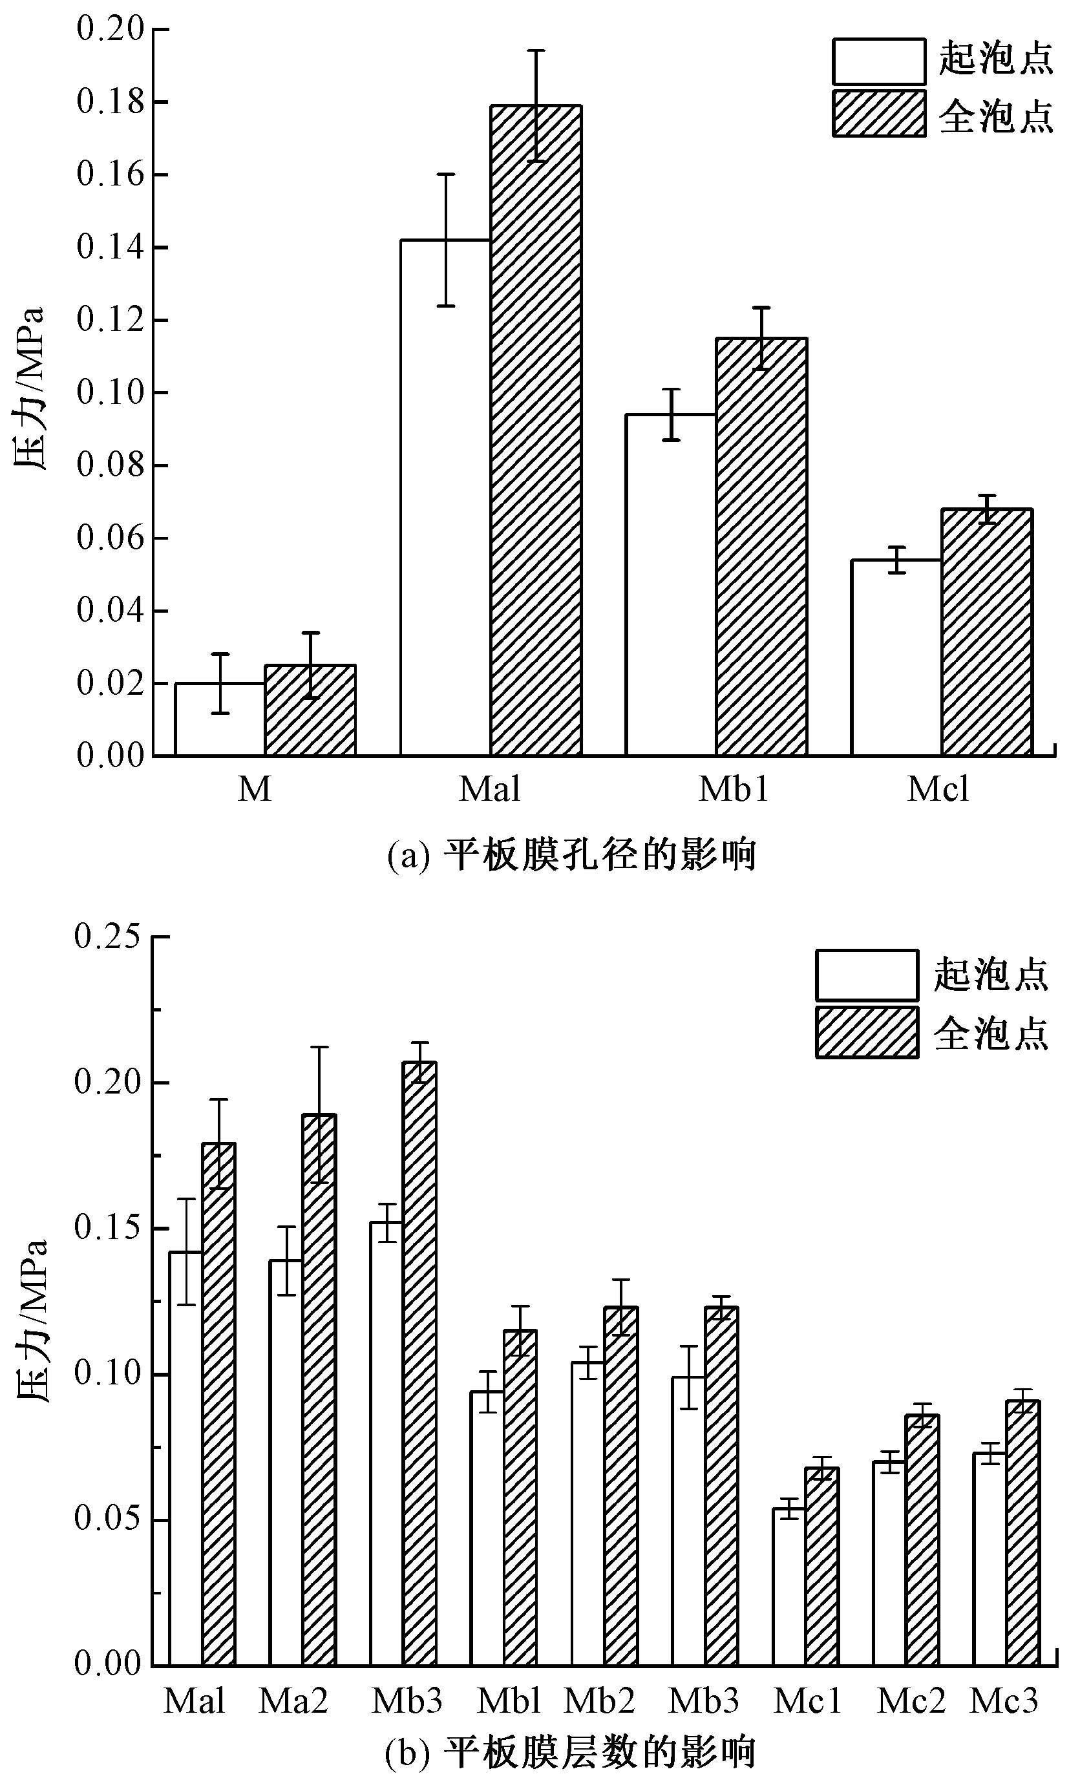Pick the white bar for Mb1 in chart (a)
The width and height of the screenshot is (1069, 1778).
(671, 584)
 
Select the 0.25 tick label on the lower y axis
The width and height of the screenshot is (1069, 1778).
(107, 937)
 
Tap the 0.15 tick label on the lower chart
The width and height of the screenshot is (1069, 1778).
(107, 1228)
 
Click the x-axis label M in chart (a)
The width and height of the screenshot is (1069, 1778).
(254, 789)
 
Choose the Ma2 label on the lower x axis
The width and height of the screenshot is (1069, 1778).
(293, 1701)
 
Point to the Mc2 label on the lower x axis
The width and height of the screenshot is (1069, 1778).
(911, 1701)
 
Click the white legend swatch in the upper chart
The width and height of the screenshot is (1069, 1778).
(879, 62)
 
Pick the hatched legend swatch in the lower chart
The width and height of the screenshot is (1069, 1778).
(867, 1033)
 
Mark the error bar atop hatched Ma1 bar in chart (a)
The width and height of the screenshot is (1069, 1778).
(536, 105)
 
